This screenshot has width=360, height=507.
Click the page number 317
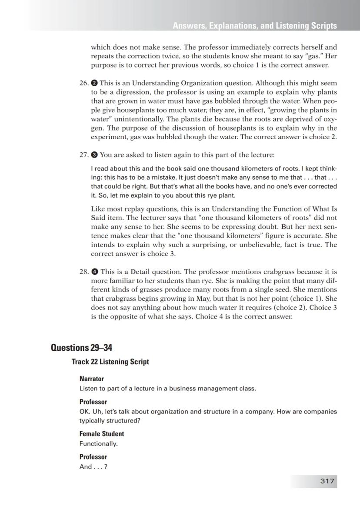pos(327,481)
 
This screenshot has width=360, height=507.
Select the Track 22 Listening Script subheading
pos(110,362)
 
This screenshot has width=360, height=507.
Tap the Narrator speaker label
pos(91,379)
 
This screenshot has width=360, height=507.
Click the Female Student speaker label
pos(101,433)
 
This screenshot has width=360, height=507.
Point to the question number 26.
pos(84,83)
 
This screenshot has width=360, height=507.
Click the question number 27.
pos(84,154)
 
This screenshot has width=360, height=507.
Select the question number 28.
pos(84,272)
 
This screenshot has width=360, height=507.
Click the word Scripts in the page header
pos(323,26)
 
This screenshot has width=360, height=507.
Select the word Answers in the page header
pos(189,26)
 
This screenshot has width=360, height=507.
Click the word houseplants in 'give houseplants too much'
pos(133,110)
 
